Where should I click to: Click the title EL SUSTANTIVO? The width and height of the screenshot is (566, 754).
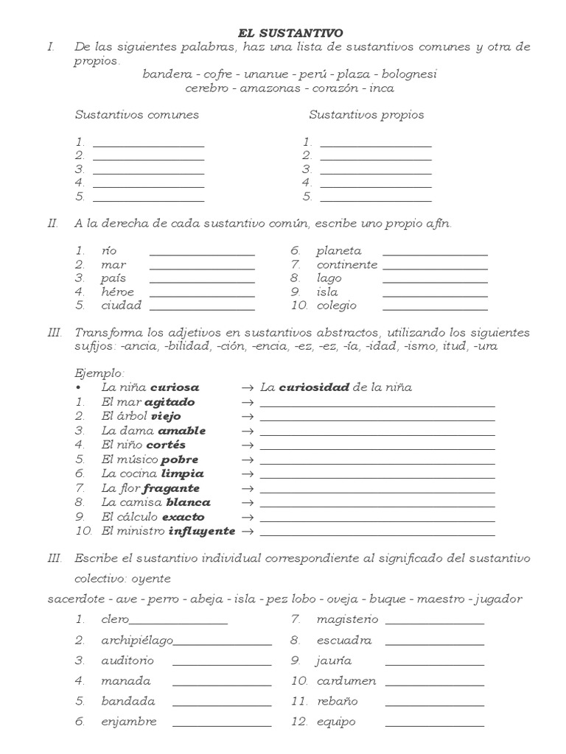290,33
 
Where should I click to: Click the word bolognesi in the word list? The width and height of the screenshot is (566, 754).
405,74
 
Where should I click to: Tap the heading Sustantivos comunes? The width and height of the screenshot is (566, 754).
136,115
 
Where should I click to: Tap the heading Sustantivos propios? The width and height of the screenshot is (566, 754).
366,115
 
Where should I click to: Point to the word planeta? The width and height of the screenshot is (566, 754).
339,251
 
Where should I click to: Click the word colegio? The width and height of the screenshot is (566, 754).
336,306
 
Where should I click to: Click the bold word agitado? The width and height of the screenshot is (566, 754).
170,402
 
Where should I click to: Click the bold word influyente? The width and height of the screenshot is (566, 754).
202,531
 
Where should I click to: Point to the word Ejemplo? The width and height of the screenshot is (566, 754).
100,373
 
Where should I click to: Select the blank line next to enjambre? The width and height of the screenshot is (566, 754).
221,725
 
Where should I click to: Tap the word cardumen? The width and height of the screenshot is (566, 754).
346,681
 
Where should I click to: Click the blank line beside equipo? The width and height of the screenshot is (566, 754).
434,725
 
